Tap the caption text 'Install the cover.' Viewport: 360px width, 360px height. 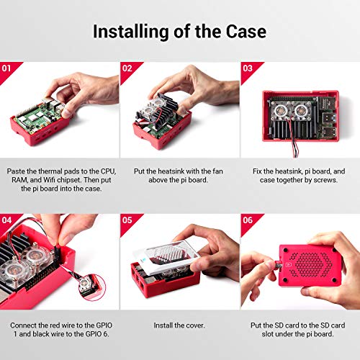tap(180, 325)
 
